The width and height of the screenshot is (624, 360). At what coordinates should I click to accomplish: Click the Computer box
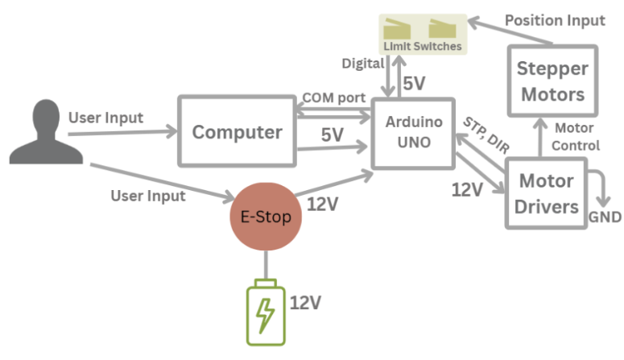[237, 132]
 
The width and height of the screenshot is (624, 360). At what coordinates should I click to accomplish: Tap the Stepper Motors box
[552, 81]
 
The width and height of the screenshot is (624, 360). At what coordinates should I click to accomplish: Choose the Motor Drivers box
[547, 193]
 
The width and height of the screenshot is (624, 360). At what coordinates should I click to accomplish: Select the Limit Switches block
[423, 35]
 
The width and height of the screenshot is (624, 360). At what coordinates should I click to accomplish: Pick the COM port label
[333, 97]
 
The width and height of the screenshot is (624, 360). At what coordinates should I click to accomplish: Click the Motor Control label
[575, 137]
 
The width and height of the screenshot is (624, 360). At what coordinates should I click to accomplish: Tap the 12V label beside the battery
[305, 303]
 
